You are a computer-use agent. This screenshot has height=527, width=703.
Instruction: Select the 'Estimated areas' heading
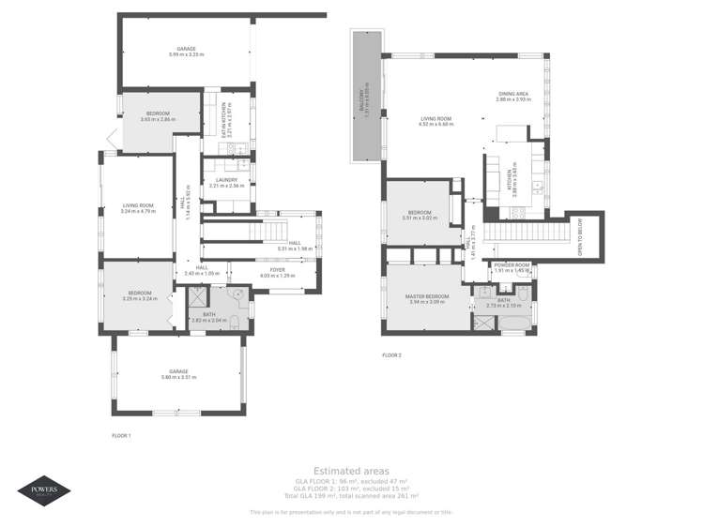click(x=350, y=471)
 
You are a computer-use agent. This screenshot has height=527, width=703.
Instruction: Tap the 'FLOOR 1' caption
click(x=121, y=435)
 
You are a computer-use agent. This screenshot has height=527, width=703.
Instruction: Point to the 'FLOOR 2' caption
click(x=391, y=355)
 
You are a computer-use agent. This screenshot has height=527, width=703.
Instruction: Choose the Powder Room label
click(x=512, y=265)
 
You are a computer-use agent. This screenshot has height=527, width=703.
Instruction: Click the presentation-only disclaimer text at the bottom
click(x=350, y=512)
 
